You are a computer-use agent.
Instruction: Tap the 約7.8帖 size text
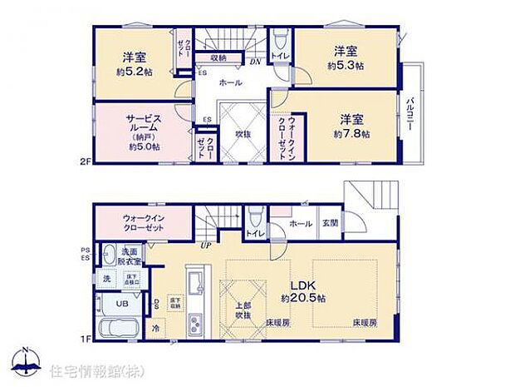pyautogui.click(x=351, y=133)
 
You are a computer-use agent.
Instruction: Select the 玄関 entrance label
pyautogui.click(x=331, y=223)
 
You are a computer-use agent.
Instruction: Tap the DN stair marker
pyautogui.click(x=256, y=62)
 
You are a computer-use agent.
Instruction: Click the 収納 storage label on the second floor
pyautogui.click(x=218, y=57)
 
